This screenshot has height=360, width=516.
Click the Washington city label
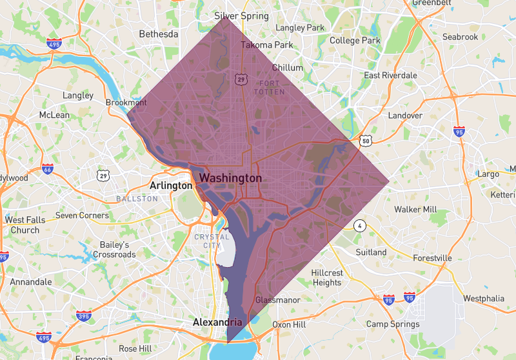coord(230,177)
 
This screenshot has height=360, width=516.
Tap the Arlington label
coord(171,186)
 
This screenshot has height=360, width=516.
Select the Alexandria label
coord(217,322)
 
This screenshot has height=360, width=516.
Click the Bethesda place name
coord(158,34)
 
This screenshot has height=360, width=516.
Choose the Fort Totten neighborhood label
coord(269,88)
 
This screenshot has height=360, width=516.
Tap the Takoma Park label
coord(266,45)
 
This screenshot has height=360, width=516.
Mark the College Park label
coord(355,41)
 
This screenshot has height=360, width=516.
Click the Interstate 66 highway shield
coord(48,169)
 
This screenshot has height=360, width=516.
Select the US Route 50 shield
coord(366,140)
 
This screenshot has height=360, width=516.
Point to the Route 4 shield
coord(359,226)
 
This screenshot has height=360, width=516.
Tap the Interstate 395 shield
coord(84,315)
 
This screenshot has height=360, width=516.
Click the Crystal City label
coord(212,241)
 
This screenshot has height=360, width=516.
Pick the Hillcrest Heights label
coord(327,277)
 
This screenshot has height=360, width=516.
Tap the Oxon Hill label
coord(289,325)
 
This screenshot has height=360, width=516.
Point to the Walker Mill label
coord(415,210)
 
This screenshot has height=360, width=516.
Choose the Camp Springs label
coord(393,325)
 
